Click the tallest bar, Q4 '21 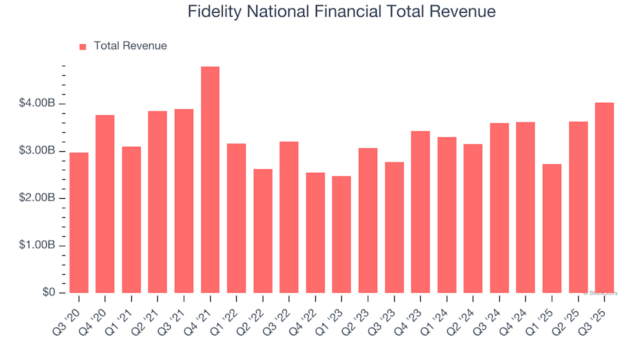[210, 180]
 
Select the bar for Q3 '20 [79, 223]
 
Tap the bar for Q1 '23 [341, 235]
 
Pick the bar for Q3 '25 [604, 198]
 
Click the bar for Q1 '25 [551, 229]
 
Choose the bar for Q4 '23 [420, 212]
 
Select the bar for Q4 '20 [105, 204]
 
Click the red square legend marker [83, 47]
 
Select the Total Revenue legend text [130, 46]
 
